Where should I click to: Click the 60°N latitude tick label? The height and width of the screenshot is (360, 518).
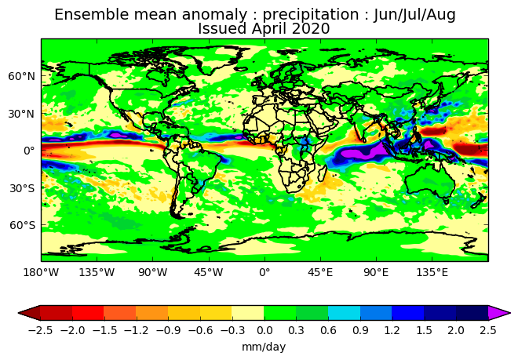(x=21, y=76)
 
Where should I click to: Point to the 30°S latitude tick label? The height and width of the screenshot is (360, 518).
(x=22, y=188)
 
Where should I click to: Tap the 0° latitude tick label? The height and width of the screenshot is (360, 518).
(x=29, y=151)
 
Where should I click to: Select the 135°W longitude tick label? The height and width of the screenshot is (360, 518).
(x=97, y=272)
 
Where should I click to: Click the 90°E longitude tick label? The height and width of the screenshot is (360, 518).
(x=376, y=272)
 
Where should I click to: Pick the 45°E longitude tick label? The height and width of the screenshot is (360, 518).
(x=320, y=272)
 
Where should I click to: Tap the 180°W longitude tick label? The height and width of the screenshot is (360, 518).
(x=41, y=272)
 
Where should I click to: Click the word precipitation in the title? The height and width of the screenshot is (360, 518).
(x=311, y=15)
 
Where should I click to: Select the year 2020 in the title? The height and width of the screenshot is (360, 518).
(x=311, y=29)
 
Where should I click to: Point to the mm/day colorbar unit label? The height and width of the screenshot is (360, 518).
(x=264, y=347)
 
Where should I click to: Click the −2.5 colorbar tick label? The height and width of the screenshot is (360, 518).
(x=40, y=331)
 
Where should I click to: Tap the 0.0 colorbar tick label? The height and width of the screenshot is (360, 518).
(x=264, y=331)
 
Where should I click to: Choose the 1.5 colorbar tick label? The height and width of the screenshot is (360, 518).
(x=424, y=331)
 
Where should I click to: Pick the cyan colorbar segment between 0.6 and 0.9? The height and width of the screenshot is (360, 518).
(x=344, y=313)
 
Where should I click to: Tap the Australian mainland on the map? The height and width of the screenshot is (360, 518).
(x=429, y=180)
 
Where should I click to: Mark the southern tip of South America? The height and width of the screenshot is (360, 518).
(x=178, y=218)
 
